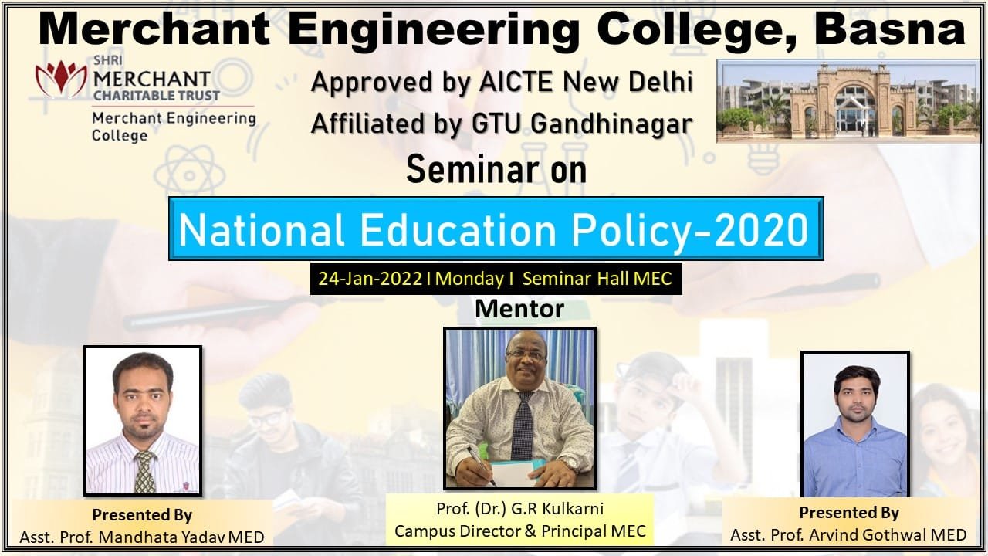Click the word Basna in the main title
coord(890,29)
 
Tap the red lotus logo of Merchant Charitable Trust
coord(61,79)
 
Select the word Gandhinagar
coord(612,124)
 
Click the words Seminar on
coord(496,170)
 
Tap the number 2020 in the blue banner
coord(762,230)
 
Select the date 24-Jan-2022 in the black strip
coord(370,279)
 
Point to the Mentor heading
coord(519,309)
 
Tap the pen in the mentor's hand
coord(482,466)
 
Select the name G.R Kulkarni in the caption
coord(557,509)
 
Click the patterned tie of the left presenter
coord(144,472)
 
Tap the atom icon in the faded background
coord(190,175)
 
